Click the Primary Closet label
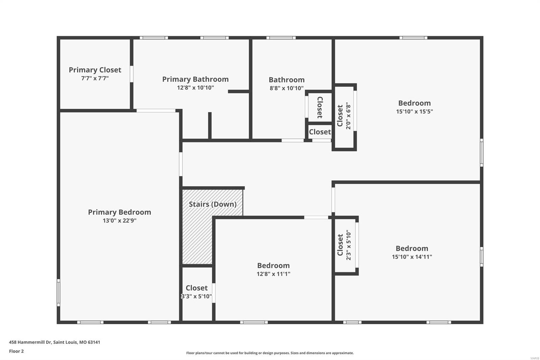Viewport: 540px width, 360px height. coord(95,70)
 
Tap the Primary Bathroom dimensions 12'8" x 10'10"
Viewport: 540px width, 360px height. coord(195,88)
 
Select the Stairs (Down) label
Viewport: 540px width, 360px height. coord(213,204)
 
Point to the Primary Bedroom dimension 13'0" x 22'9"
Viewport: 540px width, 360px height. coord(119,221)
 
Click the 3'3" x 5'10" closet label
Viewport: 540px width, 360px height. coord(196,297)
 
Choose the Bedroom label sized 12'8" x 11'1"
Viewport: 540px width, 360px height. coord(273,266)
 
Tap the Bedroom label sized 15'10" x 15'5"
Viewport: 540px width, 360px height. coord(414,103)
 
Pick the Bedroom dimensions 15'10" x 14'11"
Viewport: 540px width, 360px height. coord(412,257)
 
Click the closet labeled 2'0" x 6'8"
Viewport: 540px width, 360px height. coord(344,116)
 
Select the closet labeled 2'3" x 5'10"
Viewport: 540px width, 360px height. coord(344,245)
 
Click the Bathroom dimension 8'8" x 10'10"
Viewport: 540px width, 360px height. coord(287,88)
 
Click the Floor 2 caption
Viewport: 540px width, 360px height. coord(16,351)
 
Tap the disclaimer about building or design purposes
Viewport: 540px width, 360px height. coord(270,353)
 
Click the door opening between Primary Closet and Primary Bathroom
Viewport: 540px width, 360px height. coord(132,74)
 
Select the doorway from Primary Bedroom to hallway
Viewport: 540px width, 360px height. coord(181,164)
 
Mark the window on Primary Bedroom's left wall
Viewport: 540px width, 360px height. coord(58,292)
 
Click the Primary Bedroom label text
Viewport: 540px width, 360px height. coord(119,212)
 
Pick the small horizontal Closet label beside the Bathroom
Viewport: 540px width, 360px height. coord(320,132)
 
